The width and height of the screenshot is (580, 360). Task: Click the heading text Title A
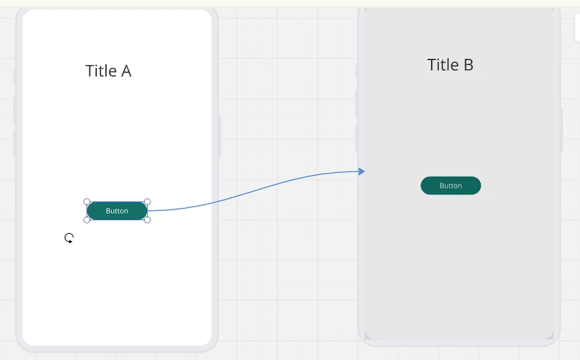(x=108, y=71)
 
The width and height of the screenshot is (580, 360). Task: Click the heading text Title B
(x=450, y=65)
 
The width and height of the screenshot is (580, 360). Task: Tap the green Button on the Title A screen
(x=117, y=211)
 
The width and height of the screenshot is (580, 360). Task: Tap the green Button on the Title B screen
(x=451, y=185)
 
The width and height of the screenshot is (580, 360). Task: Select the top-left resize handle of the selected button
(x=86, y=202)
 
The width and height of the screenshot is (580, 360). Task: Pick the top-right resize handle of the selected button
(x=147, y=202)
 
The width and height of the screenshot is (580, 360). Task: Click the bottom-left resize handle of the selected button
(x=86, y=220)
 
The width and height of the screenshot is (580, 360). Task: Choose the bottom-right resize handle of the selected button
(x=147, y=220)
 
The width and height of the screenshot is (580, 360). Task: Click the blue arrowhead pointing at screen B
(x=362, y=171)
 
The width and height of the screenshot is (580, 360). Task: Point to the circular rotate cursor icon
(x=69, y=238)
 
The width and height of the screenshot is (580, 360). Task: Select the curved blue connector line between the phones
(x=255, y=190)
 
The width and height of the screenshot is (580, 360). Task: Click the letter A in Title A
(x=126, y=71)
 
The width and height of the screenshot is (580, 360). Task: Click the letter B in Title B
(x=468, y=65)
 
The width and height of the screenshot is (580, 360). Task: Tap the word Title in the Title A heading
(x=101, y=71)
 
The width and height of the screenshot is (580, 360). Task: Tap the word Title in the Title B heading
(x=443, y=65)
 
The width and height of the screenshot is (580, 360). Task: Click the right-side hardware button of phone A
(x=219, y=137)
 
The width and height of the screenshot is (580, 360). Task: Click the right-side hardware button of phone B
(x=562, y=131)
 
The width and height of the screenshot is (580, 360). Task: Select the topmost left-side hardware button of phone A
(x=15, y=76)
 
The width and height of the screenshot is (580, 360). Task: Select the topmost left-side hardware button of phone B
(x=357, y=71)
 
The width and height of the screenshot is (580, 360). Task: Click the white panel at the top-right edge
(x=578, y=28)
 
